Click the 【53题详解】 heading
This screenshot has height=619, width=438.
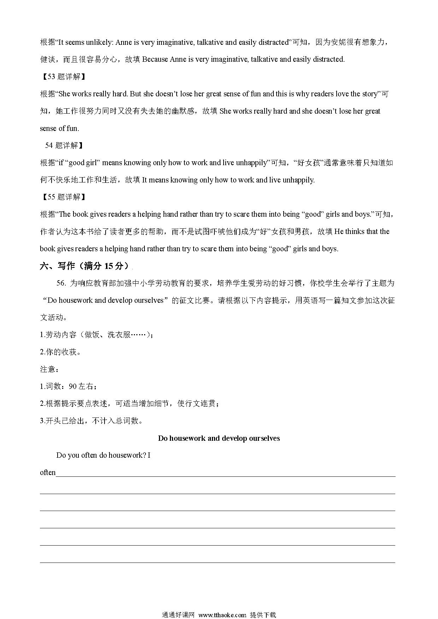point(63,77)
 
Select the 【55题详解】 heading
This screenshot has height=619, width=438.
point(63,197)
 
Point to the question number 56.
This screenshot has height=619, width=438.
point(61,283)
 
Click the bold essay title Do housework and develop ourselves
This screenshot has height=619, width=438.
point(219,438)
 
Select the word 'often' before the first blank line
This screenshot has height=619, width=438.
point(48,473)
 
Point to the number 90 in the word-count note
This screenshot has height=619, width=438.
point(73,386)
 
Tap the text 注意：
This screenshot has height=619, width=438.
point(49,369)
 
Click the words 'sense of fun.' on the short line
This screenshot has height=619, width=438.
point(59,128)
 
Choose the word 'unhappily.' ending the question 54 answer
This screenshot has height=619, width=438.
point(297,180)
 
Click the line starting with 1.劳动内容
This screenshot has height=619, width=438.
point(96,335)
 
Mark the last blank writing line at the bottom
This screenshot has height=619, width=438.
point(217,562)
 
